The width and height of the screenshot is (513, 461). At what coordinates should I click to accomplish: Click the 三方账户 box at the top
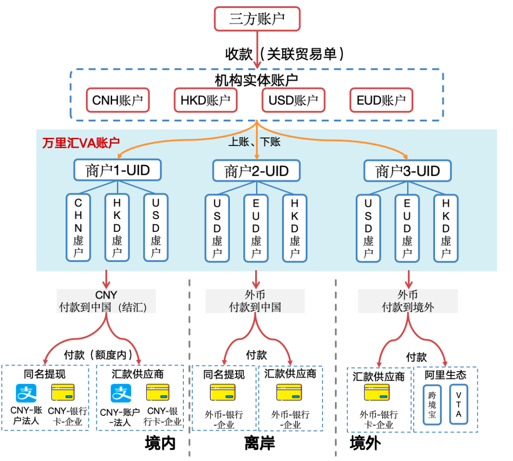coord(257,19)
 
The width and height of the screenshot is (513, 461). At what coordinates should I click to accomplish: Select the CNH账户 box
coord(118,101)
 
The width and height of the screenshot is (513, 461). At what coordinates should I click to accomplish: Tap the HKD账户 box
coord(205,101)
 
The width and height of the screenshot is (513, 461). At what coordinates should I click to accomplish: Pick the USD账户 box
coord(293,101)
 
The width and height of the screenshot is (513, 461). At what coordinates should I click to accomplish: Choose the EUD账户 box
coord(381,101)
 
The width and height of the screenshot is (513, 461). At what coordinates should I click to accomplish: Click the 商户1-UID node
coord(117,170)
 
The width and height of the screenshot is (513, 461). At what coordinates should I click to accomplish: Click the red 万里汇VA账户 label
coord(81,143)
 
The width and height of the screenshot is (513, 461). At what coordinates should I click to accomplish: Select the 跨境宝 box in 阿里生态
coord(432,404)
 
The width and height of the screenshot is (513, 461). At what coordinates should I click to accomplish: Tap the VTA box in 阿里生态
coord(458,404)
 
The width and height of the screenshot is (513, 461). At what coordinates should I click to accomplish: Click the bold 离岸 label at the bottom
coord(260,443)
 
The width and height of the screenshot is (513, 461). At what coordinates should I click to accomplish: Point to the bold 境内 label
coord(160,443)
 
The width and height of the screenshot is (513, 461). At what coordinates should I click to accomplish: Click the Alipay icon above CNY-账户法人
coord(26,393)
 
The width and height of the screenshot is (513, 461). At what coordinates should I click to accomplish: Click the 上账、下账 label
coord(255,142)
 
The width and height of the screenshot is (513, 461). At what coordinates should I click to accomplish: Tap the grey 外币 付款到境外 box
coord(408,301)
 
